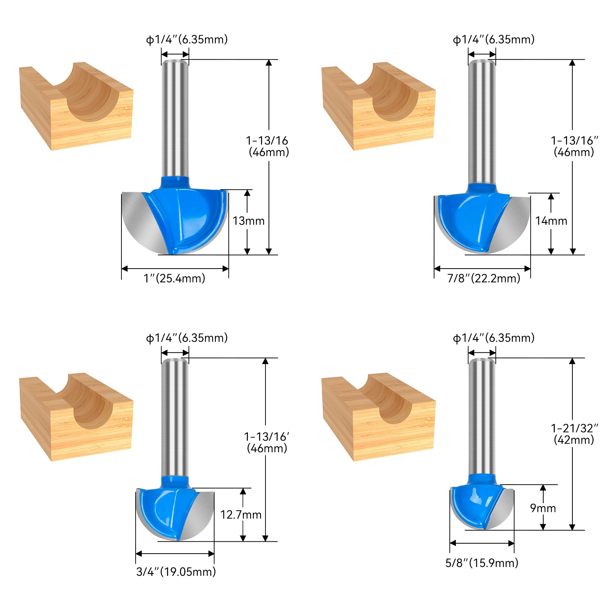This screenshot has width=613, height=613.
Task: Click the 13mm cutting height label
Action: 248,221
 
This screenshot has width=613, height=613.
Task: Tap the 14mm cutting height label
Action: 551,221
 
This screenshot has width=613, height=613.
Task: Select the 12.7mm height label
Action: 241,515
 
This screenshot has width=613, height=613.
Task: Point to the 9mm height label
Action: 543,508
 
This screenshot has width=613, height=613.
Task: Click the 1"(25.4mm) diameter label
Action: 174,278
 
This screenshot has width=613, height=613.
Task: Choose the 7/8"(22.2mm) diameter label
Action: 484,278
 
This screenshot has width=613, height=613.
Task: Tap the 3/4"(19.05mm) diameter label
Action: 176,572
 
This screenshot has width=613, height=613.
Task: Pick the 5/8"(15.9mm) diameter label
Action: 482,563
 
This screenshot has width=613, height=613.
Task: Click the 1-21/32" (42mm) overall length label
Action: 574,434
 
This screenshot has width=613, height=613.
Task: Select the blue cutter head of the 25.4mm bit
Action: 188,218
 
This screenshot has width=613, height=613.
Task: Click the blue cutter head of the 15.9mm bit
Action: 471,502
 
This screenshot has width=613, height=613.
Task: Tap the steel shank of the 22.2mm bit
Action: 482,123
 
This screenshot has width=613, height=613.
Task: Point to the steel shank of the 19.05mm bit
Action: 175,418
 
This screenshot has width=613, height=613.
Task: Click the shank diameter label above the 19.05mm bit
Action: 187,338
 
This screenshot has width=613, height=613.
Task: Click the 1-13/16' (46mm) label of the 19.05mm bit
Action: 267,443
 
